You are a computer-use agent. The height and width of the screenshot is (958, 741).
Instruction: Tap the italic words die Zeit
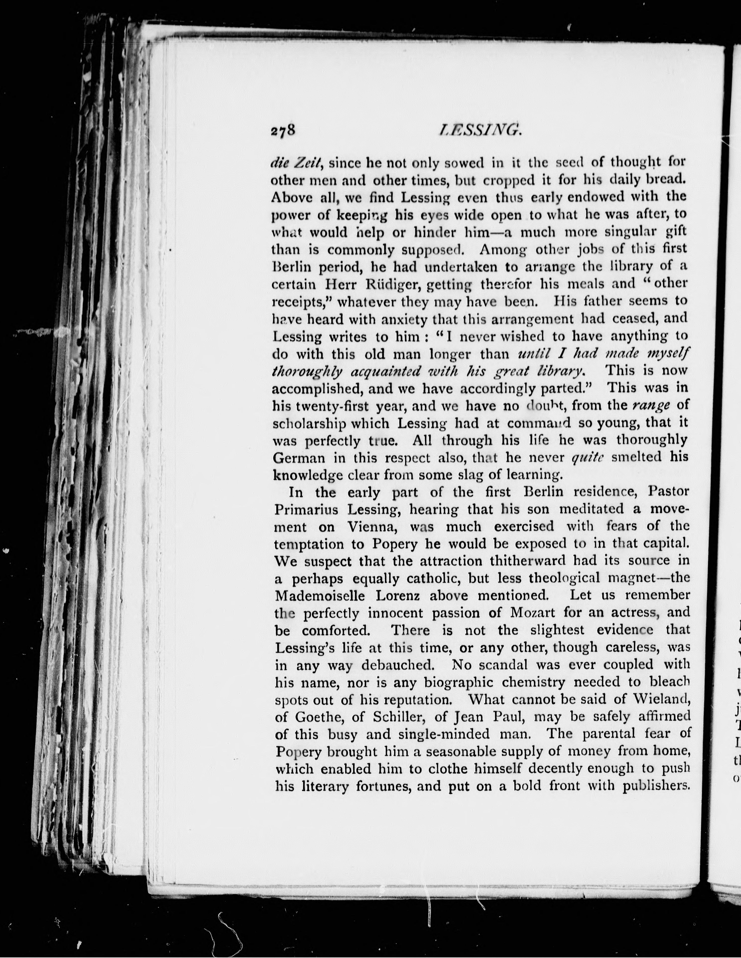pos(297,163)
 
